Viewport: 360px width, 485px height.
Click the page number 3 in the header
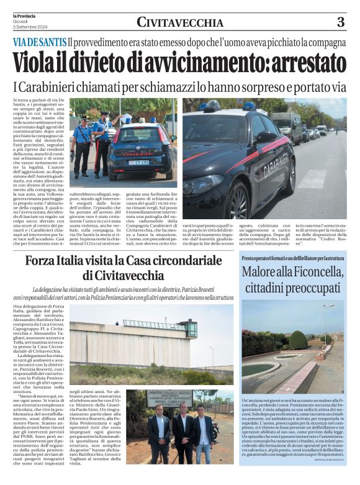(340, 22)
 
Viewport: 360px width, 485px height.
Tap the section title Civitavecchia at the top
(180, 23)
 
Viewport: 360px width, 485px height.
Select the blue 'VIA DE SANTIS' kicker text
(39, 43)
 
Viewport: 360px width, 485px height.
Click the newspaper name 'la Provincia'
(24, 15)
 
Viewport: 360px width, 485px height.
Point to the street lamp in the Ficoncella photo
(325, 323)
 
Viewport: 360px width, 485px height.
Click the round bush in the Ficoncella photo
(298, 340)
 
